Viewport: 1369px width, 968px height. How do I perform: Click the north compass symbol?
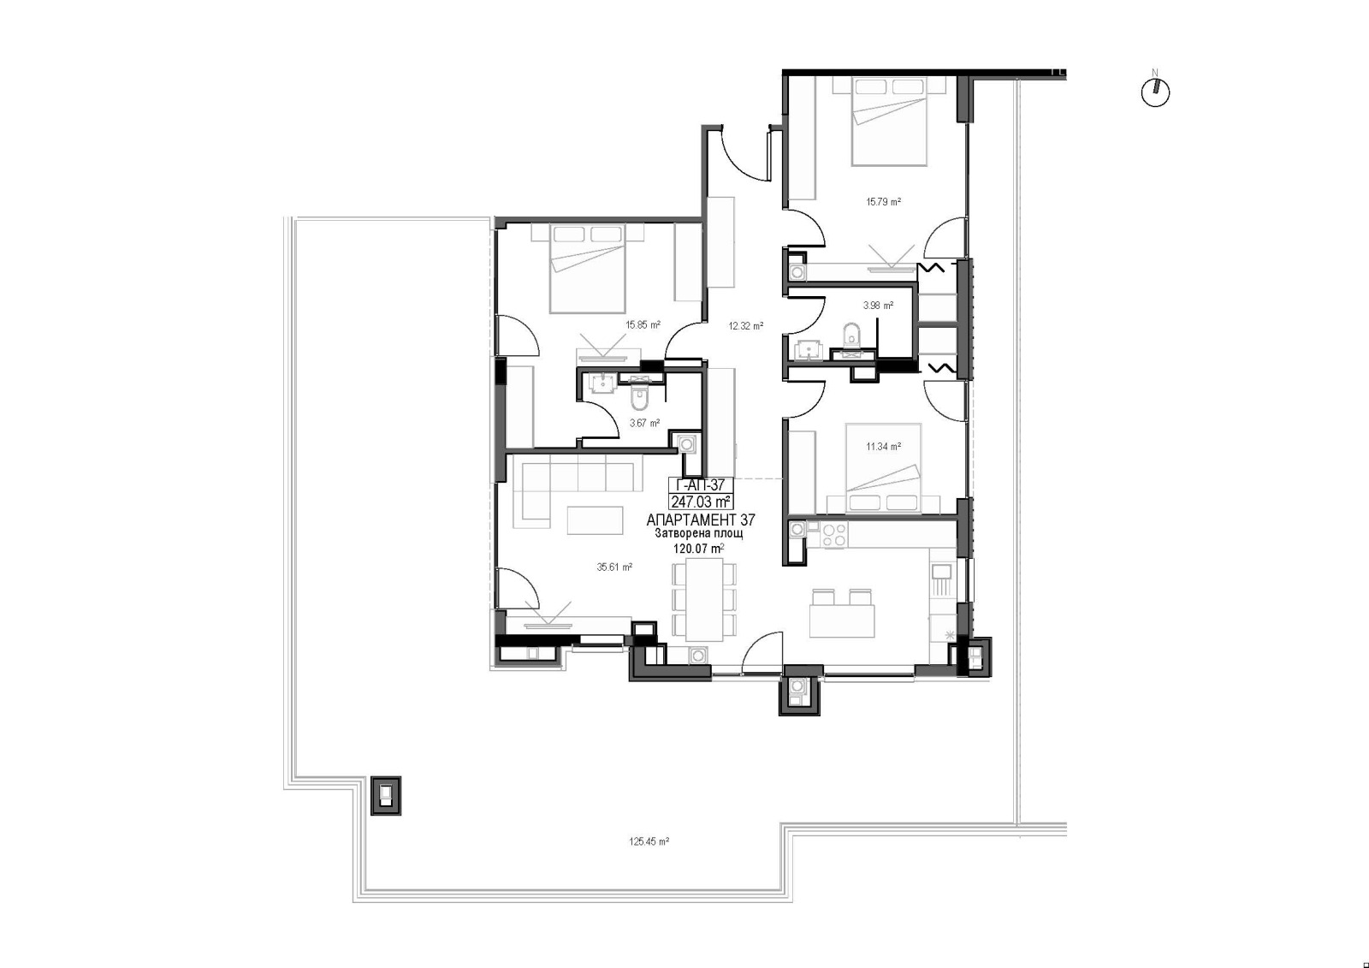(1155, 92)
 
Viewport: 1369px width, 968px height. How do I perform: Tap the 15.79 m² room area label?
(884, 201)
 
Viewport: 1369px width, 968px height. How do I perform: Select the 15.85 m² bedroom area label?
(643, 324)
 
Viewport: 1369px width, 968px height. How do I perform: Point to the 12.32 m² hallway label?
(745, 326)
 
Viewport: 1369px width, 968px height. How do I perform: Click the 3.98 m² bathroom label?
(878, 306)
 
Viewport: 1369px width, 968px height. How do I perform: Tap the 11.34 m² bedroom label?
(884, 447)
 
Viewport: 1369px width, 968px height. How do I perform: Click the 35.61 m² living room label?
(614, 567)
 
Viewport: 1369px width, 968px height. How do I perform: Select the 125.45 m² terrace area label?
(649, 841)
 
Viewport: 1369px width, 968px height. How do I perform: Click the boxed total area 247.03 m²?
(702, 502)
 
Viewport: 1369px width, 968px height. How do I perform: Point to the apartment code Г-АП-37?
(701, 485)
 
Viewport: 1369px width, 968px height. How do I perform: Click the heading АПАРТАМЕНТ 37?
(701, 520)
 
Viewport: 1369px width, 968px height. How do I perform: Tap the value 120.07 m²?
(698, 549)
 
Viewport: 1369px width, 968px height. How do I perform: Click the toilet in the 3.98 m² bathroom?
(850, 337)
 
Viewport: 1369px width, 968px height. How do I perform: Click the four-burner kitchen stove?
(833, 535)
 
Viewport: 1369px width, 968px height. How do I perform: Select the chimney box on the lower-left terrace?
(386, 796)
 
